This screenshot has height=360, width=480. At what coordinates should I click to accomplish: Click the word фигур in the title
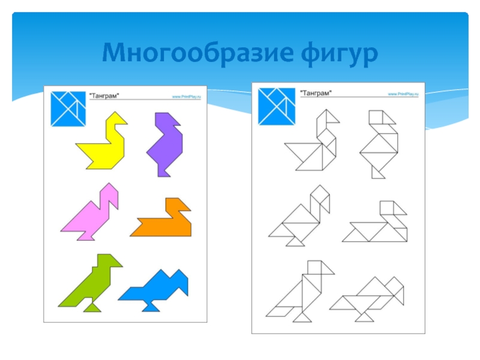[x=336, y=55]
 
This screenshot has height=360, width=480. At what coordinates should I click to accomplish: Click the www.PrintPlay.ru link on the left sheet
[x=188, y=96]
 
